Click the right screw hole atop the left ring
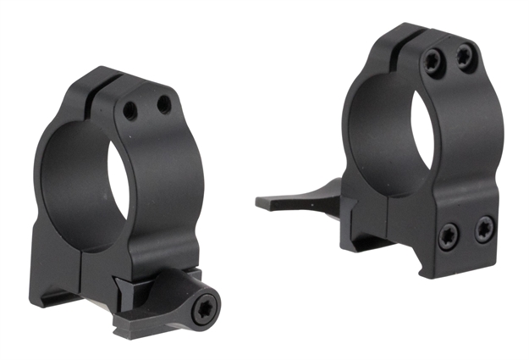[x=163, y=105]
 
